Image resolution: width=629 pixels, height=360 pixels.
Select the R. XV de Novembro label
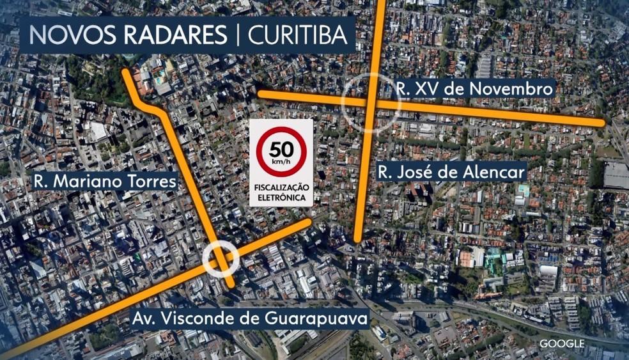pyautogui.click(x=474, y=89)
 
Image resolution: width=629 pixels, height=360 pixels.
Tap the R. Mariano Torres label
pyautogui.click(x=105, y=182)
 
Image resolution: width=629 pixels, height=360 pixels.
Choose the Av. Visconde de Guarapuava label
pyautogui.click(x=250, y=318)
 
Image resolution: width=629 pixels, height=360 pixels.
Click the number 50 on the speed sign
pyautogui.click(x=281, y=150)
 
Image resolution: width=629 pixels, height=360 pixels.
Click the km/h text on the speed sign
pyautogui.click(x=281, y=163)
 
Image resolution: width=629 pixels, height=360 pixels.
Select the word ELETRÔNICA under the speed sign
pyautogui.click(x=281, y=198)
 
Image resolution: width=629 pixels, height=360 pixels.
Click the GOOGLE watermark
pyautogui.click(x=562, y=343)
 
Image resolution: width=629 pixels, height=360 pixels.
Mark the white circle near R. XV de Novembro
pyautogui.click(x=370, y=102)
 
